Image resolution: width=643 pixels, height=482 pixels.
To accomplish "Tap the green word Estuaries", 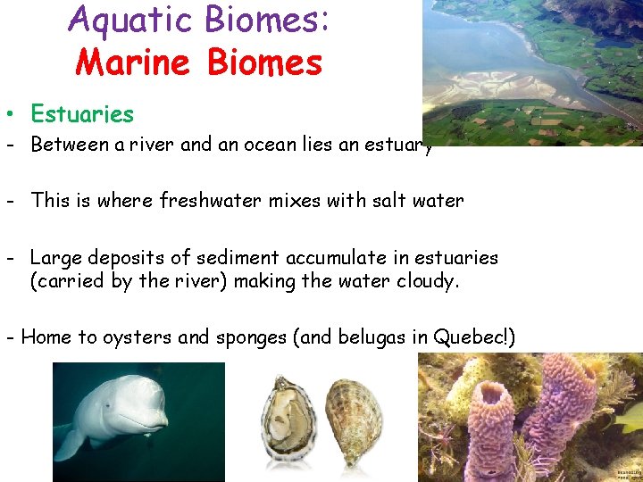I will point(81,114).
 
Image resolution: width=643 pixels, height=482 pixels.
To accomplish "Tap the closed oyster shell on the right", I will point(354,420).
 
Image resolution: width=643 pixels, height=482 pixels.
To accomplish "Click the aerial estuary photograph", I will point(531,71).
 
